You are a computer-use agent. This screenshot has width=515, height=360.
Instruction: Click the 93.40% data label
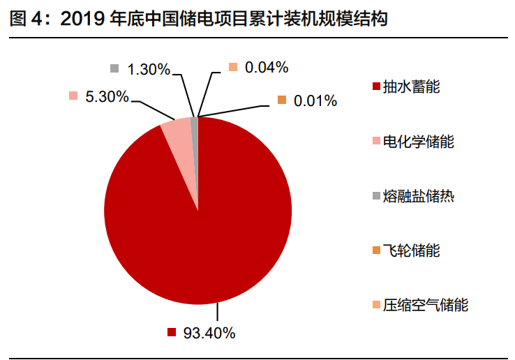tap(209, 332)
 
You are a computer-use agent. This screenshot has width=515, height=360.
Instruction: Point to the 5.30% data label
tap(107, 97)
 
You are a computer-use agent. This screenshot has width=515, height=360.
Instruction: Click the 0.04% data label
tap(267, 67)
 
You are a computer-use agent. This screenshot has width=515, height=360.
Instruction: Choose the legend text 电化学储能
tap(419, 142)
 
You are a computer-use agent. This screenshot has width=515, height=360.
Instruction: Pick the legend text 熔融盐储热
tap(419, 195)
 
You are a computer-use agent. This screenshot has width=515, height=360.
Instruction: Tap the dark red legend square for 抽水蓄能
tap(377, 87)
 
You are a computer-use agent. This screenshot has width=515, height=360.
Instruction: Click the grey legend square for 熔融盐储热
tap(377, 196)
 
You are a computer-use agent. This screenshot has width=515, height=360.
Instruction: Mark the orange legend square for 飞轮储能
tap(377, 250)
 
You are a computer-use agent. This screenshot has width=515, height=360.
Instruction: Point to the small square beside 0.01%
tap(282, 100)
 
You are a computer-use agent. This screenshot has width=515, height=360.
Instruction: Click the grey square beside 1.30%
tap(114, 68)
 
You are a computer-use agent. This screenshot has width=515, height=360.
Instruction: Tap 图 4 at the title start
tap(25, 20)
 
